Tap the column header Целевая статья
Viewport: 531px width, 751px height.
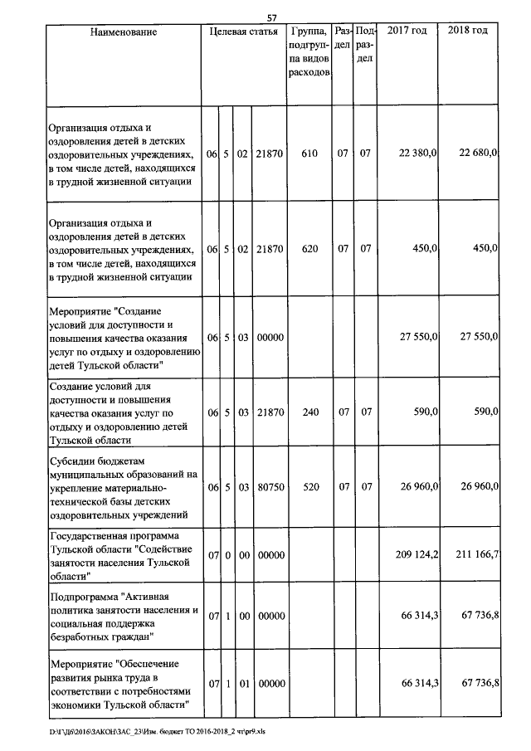point(243,32)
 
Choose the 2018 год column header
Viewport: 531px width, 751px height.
point(468,32)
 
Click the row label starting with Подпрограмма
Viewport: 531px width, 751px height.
point(123,617)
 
